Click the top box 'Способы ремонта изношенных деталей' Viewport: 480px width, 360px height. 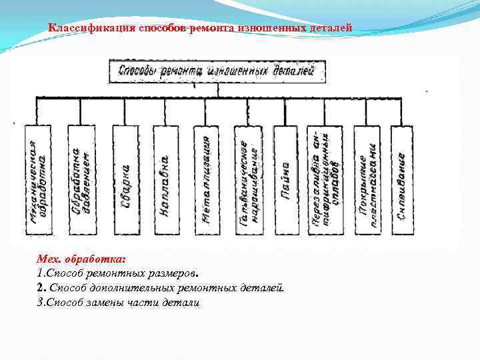(x=217, y=71)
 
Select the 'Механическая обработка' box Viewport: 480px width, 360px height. (x=38, y=180)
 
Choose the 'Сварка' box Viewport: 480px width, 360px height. (x=125, y=180)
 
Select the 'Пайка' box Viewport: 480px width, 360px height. (x=286, y=180)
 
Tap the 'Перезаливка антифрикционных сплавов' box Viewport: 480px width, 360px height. (x=325, y=180)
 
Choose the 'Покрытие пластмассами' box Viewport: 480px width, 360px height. (x=367, y=180)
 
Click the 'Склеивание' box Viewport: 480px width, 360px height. (x=402, y=180)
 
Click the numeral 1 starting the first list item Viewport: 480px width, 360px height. (x=39, y=274)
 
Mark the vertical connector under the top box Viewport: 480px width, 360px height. (x=217, y=90)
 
